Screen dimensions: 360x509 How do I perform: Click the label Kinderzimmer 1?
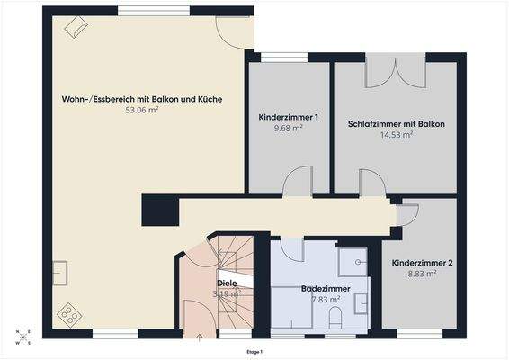[289, 118]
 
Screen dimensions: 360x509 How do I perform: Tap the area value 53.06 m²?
[141, 112]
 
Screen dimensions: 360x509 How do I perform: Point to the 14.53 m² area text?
[397, 135]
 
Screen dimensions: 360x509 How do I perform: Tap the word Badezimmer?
[326, 289]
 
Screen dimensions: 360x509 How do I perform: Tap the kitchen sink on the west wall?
[61, 271]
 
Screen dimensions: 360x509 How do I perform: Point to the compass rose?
[22, 337]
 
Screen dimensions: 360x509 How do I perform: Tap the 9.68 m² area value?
[289, 130]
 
